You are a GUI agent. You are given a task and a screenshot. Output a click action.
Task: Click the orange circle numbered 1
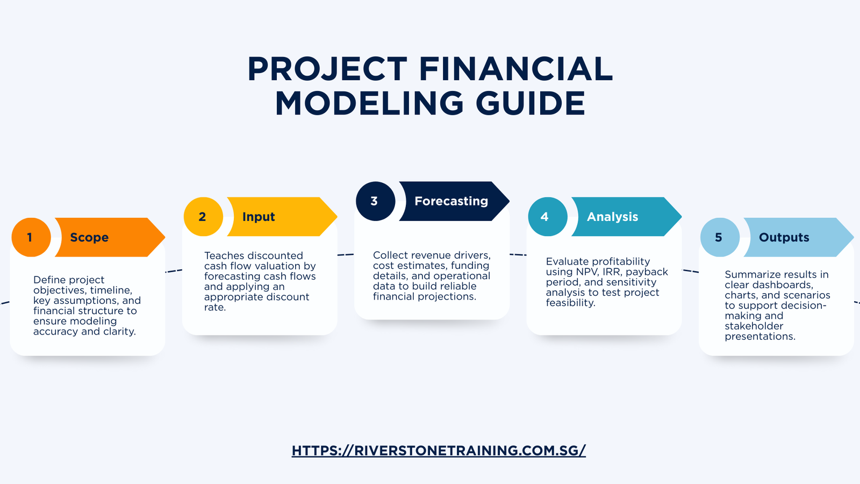coord(31,237)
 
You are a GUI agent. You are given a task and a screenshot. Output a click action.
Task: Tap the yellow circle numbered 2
coord(203,217)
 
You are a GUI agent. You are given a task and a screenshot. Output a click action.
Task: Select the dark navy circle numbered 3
coord(375,201)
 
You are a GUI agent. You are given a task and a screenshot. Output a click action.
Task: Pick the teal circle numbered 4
coord(547,217)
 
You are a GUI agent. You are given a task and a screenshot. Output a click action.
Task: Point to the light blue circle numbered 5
coord(720,237)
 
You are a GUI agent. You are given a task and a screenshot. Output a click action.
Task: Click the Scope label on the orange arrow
coord(89,237)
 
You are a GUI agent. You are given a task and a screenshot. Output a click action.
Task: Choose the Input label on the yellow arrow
coord(259,217)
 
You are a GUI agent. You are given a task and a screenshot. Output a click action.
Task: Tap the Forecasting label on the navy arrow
coord(451,201)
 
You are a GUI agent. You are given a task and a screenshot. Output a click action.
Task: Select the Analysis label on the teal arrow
coord(612,217)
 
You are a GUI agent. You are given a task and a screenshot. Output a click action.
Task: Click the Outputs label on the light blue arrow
coord(784,237)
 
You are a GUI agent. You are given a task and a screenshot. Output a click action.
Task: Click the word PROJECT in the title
coord(327,69)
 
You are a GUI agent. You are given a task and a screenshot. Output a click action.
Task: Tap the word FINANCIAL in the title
coord(515,69)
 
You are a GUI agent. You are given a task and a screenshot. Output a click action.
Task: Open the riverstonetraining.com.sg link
coord(439,451)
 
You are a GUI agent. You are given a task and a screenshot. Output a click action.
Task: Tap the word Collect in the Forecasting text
coord(391,255)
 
